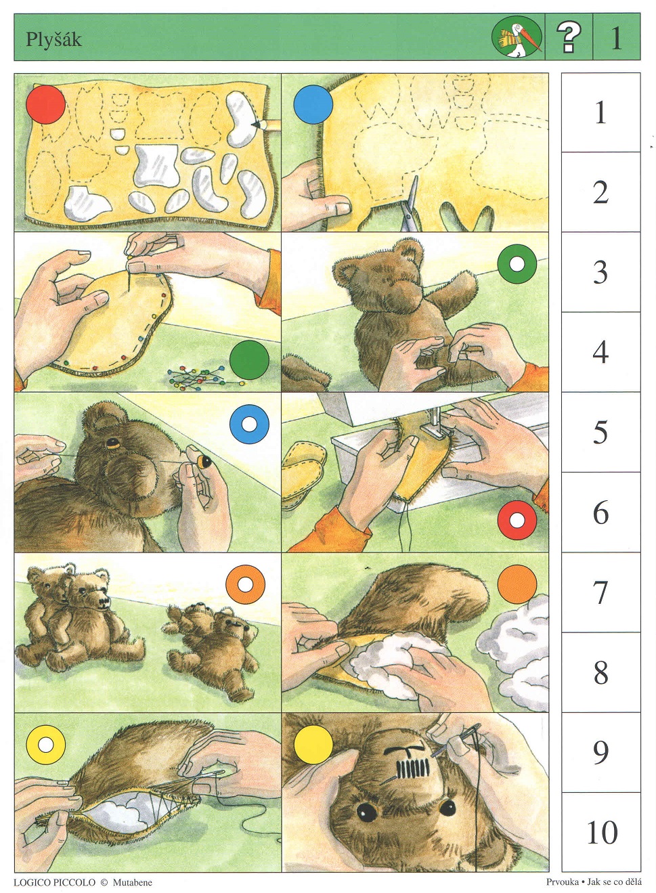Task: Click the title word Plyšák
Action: (x=53, y=40)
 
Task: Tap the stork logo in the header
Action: (x=517, y=37)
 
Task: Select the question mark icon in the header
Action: (x=569, y=37)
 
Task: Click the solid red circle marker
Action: (x=45, y=104)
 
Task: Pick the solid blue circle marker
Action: (x=313, y=104)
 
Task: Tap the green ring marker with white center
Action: (x=517, y=264)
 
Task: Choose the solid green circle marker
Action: (x=250, y=360)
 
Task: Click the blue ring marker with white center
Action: (x=250, y=424)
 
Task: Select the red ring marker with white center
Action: (x=517, y=520)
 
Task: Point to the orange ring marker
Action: (x=245, y=584)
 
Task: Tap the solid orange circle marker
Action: (x=517, y=584)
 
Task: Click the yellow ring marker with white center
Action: (x=45, y=744)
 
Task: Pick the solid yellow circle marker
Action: (x=313, y=744)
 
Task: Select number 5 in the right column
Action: (x=600, y=432)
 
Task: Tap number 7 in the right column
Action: (x=600, y=592)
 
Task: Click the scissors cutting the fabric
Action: (x=410, y=203)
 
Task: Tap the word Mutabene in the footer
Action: (x=132, y=882)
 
